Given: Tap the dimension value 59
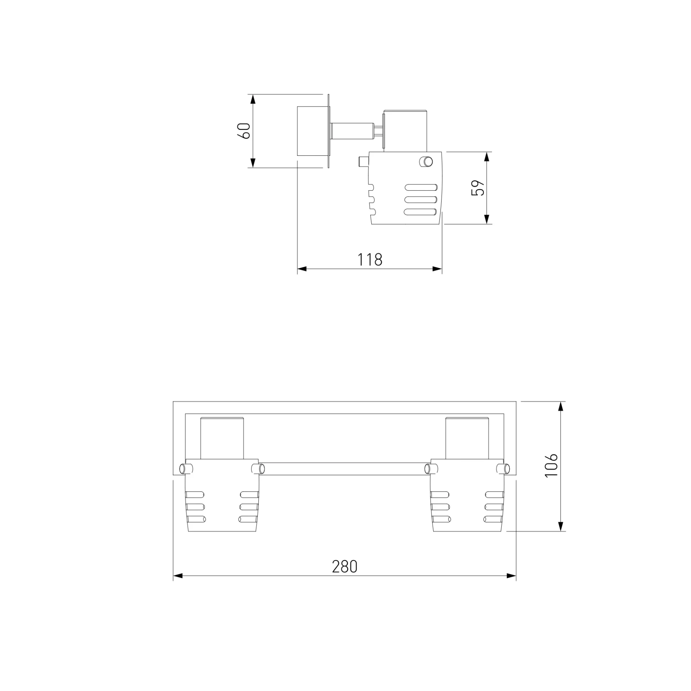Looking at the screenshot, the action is [478, 188].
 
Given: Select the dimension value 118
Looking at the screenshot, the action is [370, 259].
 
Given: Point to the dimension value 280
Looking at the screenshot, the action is [344, 567].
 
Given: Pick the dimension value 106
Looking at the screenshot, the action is [551, 466].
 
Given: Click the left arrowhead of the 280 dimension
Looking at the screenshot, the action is [178, 576].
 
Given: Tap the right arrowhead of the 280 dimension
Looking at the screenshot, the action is [511, 576].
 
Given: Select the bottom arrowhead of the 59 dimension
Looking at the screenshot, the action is [487, 219].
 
